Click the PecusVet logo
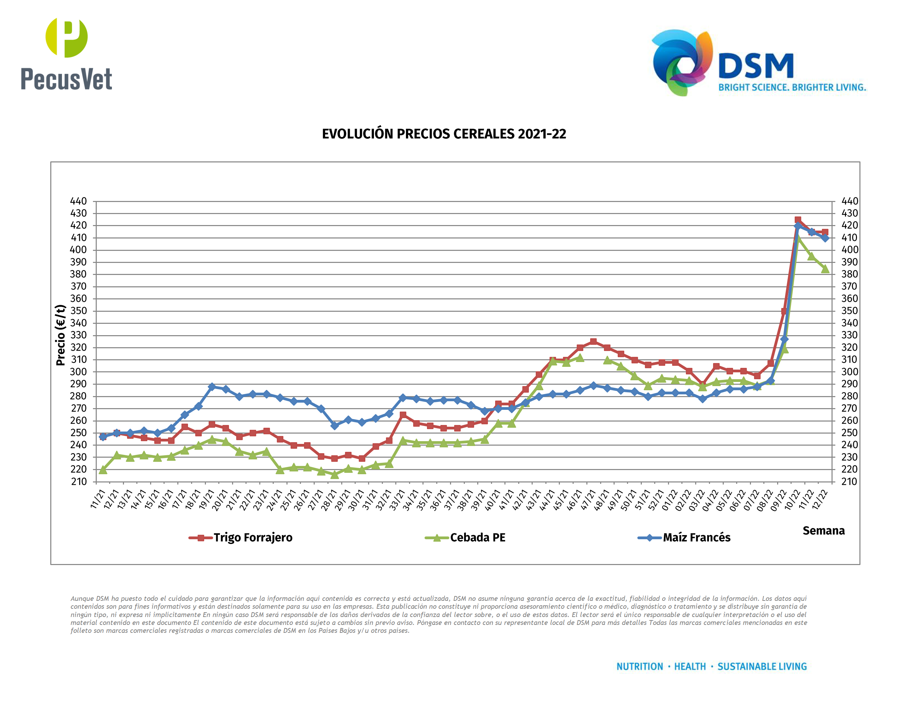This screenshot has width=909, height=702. point(66,54)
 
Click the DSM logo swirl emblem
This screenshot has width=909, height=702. point(682,62)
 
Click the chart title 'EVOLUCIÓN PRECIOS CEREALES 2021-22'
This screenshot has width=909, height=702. point(444,134)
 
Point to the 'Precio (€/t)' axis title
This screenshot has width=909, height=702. point(61,335)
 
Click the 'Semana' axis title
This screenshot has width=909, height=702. point(823,531)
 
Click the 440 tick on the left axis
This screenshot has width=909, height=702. point(78,201)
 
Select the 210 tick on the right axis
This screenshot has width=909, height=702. point(849,481)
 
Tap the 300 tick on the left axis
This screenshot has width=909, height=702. point(78,372)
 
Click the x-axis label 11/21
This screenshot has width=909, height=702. point(98,499)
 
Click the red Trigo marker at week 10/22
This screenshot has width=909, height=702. point(797,220)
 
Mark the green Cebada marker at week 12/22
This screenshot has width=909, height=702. point(825,269)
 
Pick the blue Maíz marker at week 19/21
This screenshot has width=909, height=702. point(212,387)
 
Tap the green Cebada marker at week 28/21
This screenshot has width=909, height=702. point(335,475)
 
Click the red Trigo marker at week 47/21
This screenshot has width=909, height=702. point(593,341)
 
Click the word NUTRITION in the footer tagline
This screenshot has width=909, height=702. point(639,667)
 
